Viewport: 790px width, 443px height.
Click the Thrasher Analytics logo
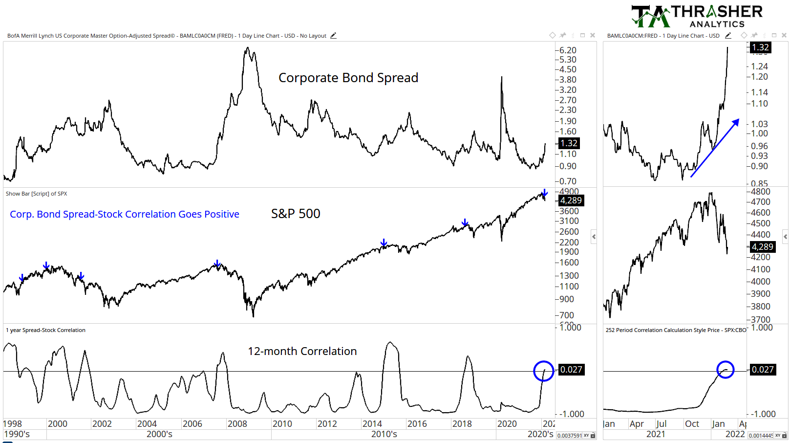(x=697, y=16)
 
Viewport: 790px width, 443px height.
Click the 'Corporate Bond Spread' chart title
(x=348, y=78)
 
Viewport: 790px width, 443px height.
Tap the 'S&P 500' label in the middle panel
(x=296, y=214)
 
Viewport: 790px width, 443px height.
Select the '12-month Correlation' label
(x=302, y=351)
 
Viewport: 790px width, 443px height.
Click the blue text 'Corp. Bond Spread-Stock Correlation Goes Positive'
(x=125, y=214)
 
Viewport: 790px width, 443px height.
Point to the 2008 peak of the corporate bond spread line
(x=248, y=48)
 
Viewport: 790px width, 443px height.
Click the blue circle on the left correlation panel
(x=543, y=371)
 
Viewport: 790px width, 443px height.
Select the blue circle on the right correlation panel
(x=726, y=370)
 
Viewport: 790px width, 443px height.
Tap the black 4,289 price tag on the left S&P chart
(x=571, y=200)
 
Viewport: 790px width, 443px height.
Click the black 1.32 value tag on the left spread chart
(x=569, y=143)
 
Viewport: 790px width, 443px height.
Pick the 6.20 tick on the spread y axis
(x=568, y=50)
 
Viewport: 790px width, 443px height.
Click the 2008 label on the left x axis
(x=237, y=424)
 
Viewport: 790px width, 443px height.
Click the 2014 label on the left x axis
(x=372, y=424)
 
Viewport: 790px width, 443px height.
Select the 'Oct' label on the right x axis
(x=692, y=424)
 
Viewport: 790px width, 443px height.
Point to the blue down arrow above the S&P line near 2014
(x=384, y=243)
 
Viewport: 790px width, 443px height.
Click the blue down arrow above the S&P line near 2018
(x=465, y=223)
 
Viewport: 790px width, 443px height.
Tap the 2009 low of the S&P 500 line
(x=253, y=315)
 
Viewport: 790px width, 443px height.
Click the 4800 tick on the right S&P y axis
(x=761, y=192)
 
